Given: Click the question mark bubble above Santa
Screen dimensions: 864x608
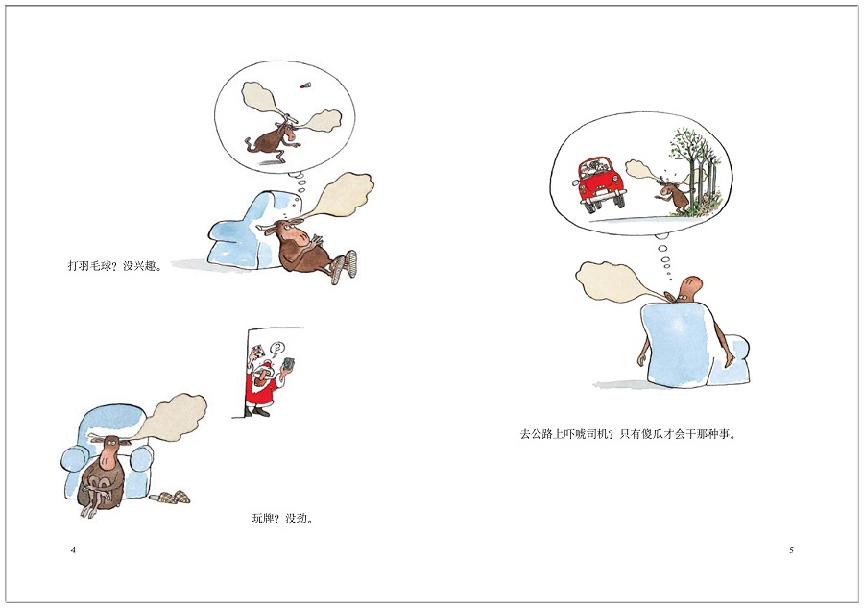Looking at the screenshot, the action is tap(277, 349).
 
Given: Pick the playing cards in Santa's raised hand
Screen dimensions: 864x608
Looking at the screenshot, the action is tap(288, 364).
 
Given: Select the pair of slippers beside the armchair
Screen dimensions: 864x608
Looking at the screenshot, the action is tap(171, 498).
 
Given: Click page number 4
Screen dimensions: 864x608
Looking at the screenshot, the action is tap(73, 550).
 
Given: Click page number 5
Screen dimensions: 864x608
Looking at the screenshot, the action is tap(791, 550).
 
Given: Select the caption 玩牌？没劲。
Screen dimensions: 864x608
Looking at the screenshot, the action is tap(283, 519).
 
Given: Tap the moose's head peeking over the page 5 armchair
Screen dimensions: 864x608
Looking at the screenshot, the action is tap(687, 289).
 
